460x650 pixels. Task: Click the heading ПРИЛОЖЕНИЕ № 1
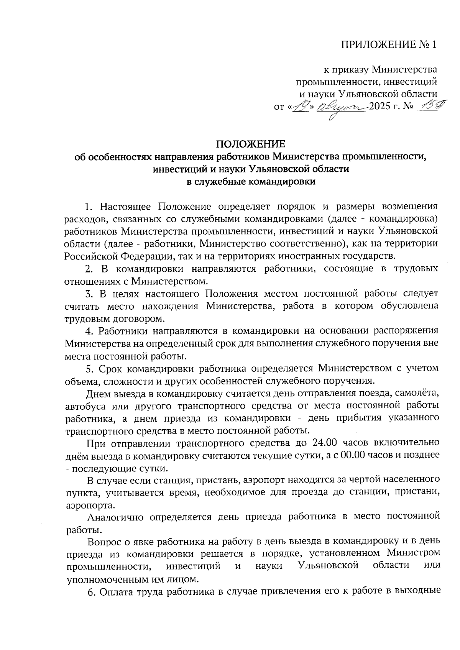389,45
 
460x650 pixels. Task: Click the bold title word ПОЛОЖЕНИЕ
251,144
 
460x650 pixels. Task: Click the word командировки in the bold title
282,182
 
